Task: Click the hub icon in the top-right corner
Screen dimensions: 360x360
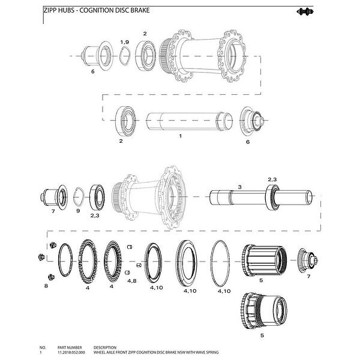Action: point(305,11)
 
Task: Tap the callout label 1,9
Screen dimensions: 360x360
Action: point(124,42)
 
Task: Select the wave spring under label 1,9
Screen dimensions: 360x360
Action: point(125,56)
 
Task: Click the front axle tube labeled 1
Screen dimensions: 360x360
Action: point(190,121)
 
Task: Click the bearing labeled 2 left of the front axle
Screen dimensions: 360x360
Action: point(125,121)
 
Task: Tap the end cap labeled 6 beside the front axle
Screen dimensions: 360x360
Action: point(253,120)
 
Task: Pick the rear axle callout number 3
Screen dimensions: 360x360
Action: point(239,187)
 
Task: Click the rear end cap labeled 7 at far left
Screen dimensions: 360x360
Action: point(54,197)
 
